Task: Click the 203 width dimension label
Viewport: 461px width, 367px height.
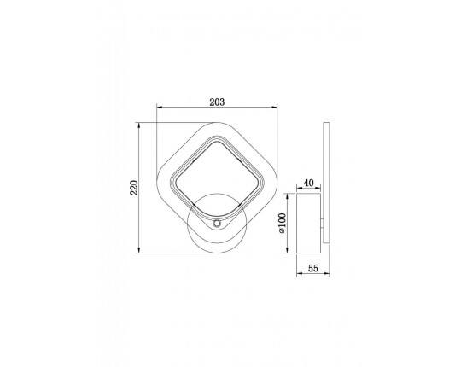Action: (217, 102)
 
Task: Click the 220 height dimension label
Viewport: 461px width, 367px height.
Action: (134, 188)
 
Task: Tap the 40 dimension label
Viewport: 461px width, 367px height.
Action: (308, 183)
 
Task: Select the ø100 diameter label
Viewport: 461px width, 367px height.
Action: (282, 224)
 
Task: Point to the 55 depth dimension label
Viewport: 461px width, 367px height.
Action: (312, 268)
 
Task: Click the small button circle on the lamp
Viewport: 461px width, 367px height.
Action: (217, 224)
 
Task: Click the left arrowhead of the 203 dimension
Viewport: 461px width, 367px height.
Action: (159, 108)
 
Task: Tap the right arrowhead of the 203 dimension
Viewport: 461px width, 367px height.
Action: (275, 108)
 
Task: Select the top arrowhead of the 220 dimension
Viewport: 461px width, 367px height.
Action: (139, 125)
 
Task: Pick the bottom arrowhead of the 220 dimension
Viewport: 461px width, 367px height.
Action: (139, 250)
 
